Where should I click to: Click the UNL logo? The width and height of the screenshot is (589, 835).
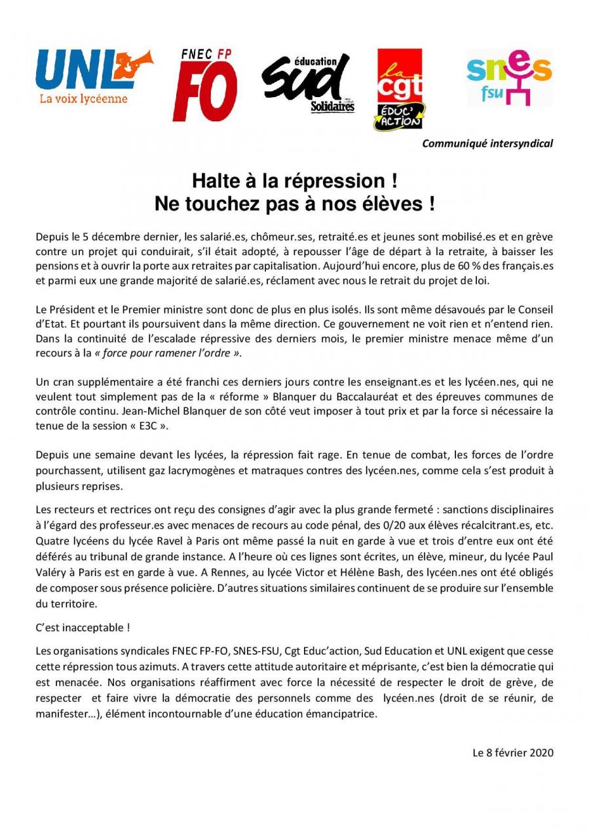(94, 77)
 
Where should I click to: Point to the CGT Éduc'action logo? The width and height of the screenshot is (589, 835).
(399, 89)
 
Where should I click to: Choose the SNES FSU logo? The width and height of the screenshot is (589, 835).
(509, 77)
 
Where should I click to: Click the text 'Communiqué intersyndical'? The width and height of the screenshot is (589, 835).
(487, 143)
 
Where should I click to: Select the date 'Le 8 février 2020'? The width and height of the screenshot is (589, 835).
(513, 752)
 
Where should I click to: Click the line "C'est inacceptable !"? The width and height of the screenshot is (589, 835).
(83, 628)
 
